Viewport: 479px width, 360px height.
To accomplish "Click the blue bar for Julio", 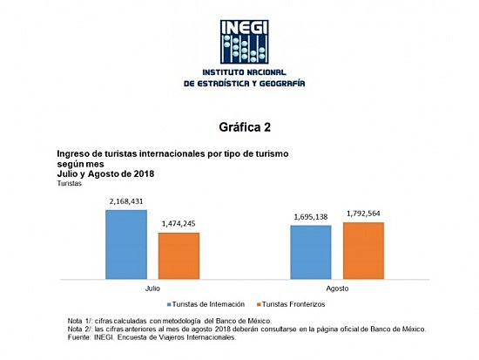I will click(126, 243).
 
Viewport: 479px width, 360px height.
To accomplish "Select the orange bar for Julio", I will click(179, 255).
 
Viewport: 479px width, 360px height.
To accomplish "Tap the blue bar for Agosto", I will click(311, 251).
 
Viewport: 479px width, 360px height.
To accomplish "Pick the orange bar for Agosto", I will click(363, 249).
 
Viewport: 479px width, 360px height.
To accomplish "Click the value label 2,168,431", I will click(126, 202).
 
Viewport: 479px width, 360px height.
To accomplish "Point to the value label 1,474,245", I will click(179, 225).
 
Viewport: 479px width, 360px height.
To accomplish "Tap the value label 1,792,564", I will click(364, 214).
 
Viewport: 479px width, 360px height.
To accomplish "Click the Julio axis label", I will click(152, 287).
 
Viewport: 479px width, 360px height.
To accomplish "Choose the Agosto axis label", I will click(337, 287).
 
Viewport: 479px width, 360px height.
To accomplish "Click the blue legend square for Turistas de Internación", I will click(169, 303).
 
